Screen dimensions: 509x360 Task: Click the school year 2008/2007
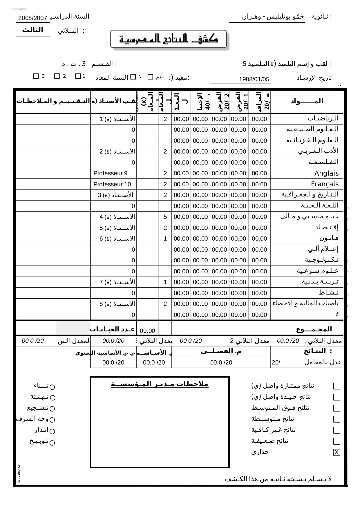(x=32, y=19)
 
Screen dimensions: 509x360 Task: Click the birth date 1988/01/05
(x=254, y=79)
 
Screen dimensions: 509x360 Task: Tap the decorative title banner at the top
(x=169, y=39)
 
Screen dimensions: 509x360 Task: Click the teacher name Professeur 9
(x=110, y=174)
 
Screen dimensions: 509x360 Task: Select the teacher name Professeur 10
(x=112, y=184)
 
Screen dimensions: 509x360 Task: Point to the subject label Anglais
(x=326, y=174)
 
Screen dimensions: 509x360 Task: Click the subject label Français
(x=325, y=184)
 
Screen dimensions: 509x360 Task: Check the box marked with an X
(x=337, y=452)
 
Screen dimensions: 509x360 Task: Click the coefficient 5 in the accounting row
(x=165, y=217)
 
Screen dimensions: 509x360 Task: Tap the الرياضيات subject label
(x=323, y=119)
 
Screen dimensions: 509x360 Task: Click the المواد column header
(x=307, y=101)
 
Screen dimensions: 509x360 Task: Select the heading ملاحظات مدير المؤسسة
(x=160, y=384)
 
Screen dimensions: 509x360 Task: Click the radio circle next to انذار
(x=52, y=431)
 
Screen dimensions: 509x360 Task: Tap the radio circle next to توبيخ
(x=52, y=443)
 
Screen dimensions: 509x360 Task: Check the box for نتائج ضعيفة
(x=337, y=441)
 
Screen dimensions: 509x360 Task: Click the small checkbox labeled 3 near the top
(x=36, y=76)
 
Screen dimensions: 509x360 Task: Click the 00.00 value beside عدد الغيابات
(x=147, y=331)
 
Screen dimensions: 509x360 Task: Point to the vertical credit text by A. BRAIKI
(x=19, y=474)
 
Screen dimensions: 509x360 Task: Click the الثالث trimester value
(x=32, y=30)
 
